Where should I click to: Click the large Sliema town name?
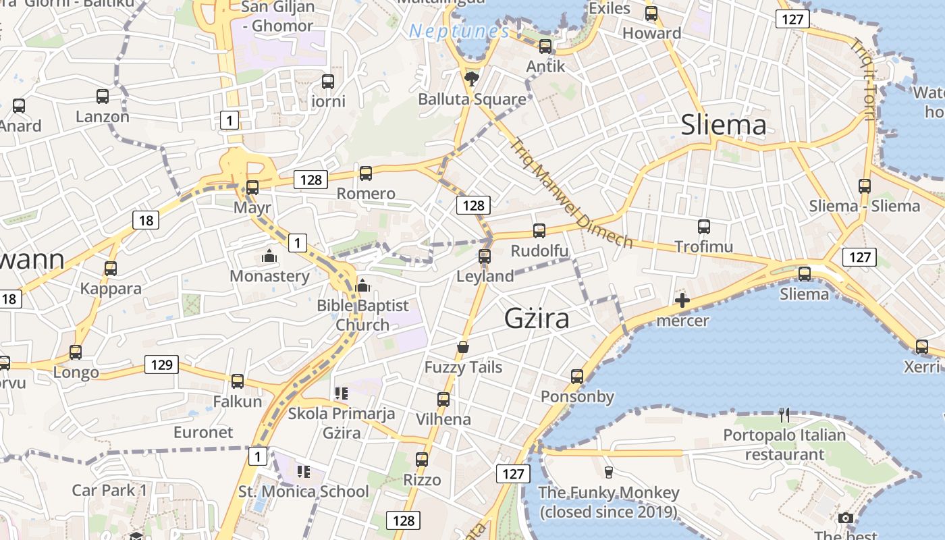tap(724, 125)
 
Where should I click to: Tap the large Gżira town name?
tap(537, 319)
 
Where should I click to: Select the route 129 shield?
tap(161, 365)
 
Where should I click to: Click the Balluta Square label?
tap(472, 99)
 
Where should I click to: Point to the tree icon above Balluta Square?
tap(472, 79)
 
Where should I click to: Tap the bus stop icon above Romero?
tap(366, 173)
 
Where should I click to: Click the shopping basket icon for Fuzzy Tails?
tap(463, 347)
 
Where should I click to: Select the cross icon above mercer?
tap(682, 300)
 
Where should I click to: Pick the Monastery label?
tap(269, 276)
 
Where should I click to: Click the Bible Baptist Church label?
tap(362, 315)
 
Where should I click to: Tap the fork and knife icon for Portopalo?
tap(784, 414)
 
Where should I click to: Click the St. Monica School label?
tap(304, 491)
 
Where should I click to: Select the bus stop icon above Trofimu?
tap(704, 227)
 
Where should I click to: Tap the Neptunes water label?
tap(459, 31)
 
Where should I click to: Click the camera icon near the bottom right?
tap(845, 518)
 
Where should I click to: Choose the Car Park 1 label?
tap(109, 490)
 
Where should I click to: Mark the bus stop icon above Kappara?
tap(111, 269)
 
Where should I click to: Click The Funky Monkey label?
tap(608, 502)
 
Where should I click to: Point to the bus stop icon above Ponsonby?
tap(577, 377)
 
